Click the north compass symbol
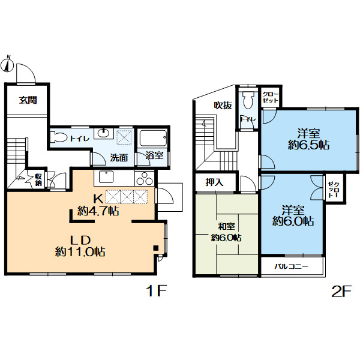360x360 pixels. [7, 64]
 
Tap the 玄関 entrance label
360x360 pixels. [28, 100]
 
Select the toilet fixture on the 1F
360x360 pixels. [58, 137]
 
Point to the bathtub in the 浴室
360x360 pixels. [153, 138]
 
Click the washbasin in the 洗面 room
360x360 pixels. [104, 133]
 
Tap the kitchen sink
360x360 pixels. [106, 177]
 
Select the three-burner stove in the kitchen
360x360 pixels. [145, 178]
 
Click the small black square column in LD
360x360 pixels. [156, 248]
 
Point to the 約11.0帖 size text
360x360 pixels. [80, 252]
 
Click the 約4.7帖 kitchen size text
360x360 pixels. [98, 211]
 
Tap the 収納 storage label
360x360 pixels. [38, 180]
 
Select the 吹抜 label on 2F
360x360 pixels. [223, 106]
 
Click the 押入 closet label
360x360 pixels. [214, 182]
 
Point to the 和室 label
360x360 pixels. [226, 227]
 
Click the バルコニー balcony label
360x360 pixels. [291, 266]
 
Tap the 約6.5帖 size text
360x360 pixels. [308, 145]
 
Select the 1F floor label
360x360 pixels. [156, 291]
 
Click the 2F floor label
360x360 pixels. [341, 292]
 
